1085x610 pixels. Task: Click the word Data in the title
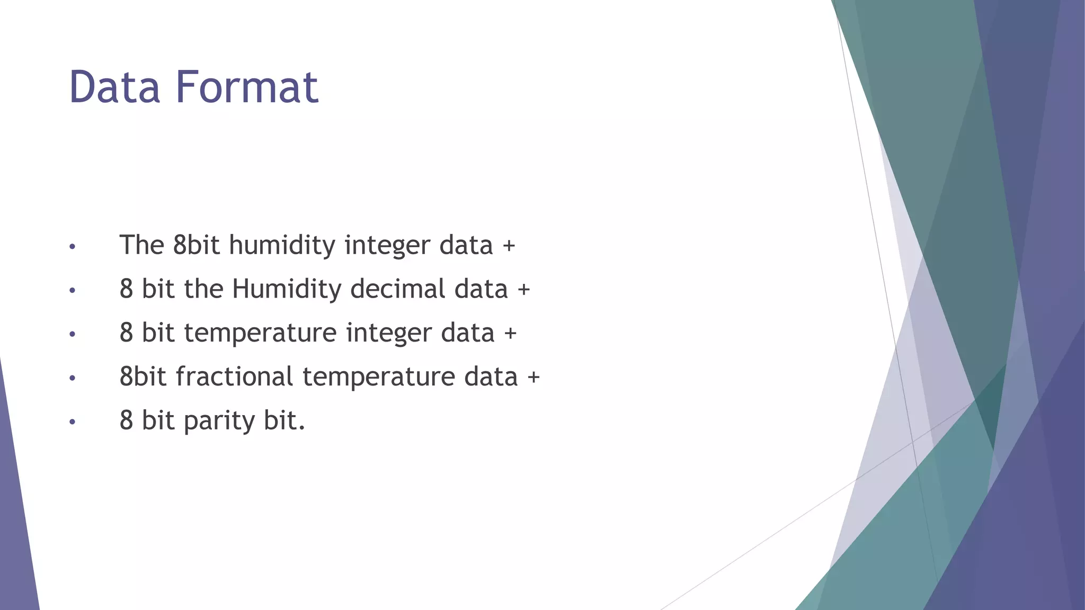(x=114, y=87)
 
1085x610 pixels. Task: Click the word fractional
(x=234, y=377)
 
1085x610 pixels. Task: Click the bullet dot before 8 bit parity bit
(x=73, y=423)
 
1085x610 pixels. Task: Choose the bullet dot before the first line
(x=73, y=247)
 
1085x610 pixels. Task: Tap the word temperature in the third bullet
(x=260, y=334)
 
